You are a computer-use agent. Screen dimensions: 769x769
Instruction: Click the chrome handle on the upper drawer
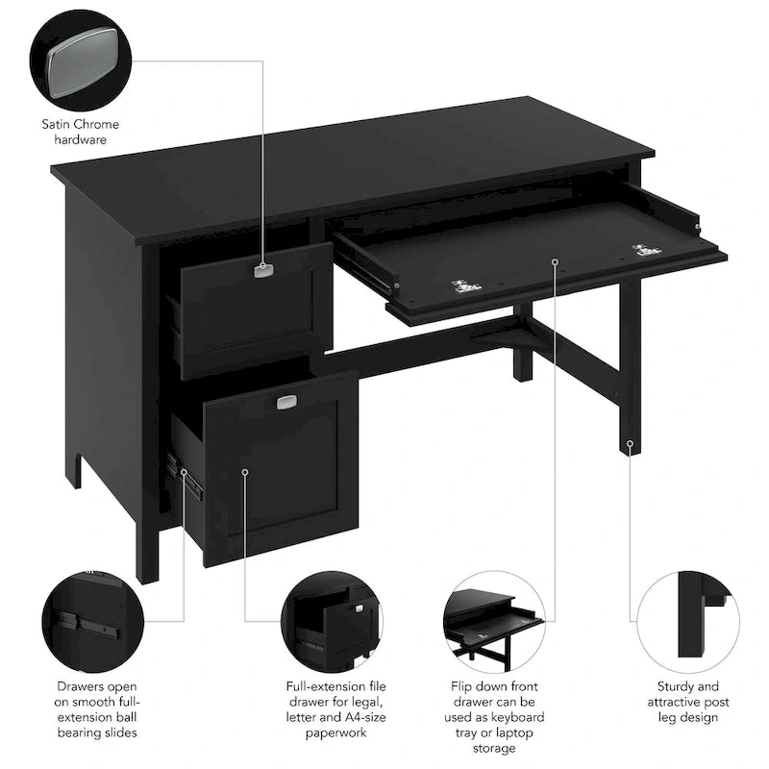pos(263,271)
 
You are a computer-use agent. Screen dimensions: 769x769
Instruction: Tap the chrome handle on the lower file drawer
pos(285,403)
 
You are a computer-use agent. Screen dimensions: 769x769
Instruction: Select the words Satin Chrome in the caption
pos(81,124)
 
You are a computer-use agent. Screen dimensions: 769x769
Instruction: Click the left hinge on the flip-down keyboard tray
pos(466,285)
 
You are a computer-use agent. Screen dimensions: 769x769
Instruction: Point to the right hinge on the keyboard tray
pos(646,251)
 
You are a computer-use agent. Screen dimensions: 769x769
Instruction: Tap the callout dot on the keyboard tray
pos(556,260)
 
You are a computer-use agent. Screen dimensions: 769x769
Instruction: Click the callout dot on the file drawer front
pos(245,472)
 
